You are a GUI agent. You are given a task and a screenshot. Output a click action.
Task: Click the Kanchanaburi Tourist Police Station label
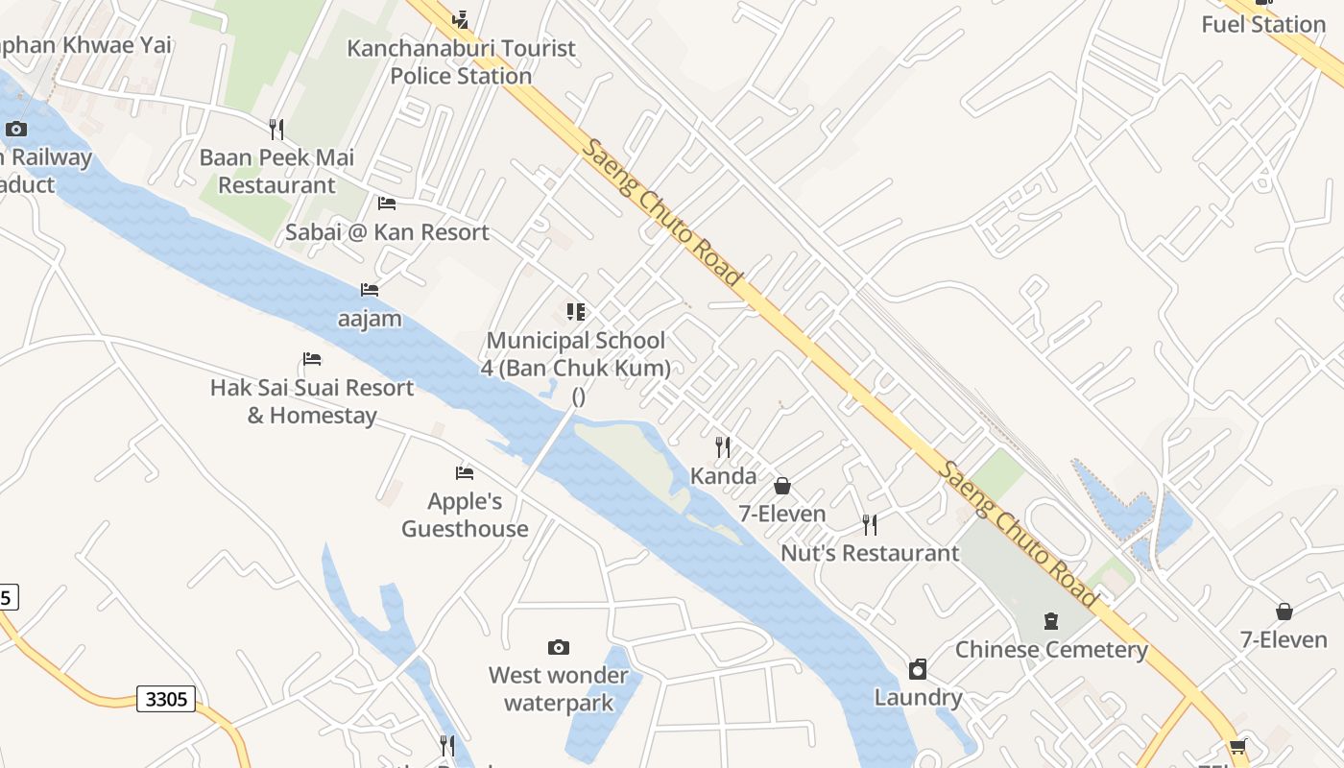(461, 61)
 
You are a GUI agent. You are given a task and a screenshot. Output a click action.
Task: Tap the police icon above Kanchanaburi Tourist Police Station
(461, 18)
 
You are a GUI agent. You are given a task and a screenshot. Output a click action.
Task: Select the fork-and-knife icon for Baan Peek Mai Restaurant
(276, 130)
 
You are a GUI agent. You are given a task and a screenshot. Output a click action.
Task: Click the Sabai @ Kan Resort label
(387, 232)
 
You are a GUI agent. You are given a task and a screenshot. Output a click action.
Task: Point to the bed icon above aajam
(370, 289)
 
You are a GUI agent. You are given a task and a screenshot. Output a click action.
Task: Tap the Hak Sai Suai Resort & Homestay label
(312, 401)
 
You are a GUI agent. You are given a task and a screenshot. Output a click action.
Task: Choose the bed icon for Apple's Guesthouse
(465, 472)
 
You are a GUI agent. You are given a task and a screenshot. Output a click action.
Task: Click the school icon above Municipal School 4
(576, 311)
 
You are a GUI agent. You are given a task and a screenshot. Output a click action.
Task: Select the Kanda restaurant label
(724, 476)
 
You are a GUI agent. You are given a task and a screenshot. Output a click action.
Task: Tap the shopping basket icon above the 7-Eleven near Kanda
(782, 486)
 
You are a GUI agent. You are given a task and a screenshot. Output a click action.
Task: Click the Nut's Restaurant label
(870, 553)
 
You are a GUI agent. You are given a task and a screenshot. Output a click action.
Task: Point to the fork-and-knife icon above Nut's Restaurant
(870, 524)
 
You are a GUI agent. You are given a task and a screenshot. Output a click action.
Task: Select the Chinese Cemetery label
(1051, 650)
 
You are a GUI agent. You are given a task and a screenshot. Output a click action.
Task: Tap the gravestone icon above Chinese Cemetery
(1051, 621)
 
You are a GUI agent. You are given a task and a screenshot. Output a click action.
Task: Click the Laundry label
(918, 697)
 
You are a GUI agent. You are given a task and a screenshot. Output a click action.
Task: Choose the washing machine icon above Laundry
(918, 669)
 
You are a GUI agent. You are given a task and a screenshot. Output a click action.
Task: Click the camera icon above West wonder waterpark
(559, 647)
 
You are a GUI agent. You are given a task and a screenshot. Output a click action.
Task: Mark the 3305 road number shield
(166, 698)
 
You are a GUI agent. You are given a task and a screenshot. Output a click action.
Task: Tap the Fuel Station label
(1263, 25)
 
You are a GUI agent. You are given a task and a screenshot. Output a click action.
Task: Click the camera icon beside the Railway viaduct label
(16, 129)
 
